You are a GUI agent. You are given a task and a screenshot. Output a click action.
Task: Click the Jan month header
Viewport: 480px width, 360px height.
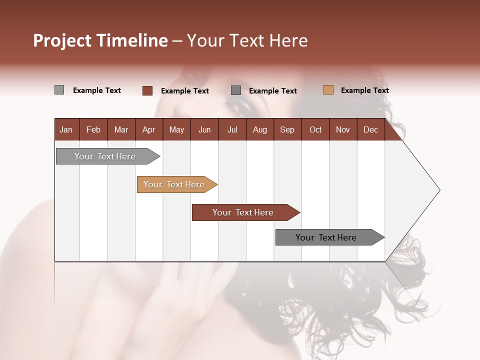pyautogui.click(x=66, y=130)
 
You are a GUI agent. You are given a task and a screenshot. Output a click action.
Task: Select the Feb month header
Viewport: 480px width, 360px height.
pyautogui.click(x=93, y=130)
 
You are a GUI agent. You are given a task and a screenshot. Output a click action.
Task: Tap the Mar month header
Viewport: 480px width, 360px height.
pyautogui.click(x=121, y=130)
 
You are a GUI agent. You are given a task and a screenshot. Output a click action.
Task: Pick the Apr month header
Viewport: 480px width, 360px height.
pyautogui.click(x=148, y=130)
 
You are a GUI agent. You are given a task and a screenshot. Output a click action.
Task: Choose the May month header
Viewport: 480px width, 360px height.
pyautogui.click(x=176, y=130)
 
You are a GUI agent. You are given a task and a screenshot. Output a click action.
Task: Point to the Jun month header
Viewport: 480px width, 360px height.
pyautogui.click(x=204, y=130)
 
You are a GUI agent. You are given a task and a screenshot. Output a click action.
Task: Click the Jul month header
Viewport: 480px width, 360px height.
pyautogui.click(x=232, y=130)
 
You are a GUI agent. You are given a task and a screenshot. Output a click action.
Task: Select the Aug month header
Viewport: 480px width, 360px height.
pyautogui.click(x=259, y=130)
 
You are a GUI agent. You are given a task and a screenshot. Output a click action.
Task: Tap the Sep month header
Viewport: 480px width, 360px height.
pyautogui.click(x=287, y=130)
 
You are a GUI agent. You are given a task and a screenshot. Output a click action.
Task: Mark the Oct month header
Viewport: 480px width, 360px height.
pyautogui.click(x=315, y=130)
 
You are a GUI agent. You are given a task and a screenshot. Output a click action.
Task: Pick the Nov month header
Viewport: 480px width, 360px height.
pyautogui.click(x=343, y=130)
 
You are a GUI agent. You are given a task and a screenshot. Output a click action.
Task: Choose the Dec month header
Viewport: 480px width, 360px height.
pyautogui.click(x=370, y=130)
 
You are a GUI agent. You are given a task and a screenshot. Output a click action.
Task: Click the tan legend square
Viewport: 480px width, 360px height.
pyautogui.click(x=328, y=90)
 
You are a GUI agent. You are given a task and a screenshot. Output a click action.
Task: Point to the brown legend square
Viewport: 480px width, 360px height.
pyautogui.click(x=147, y=90)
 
